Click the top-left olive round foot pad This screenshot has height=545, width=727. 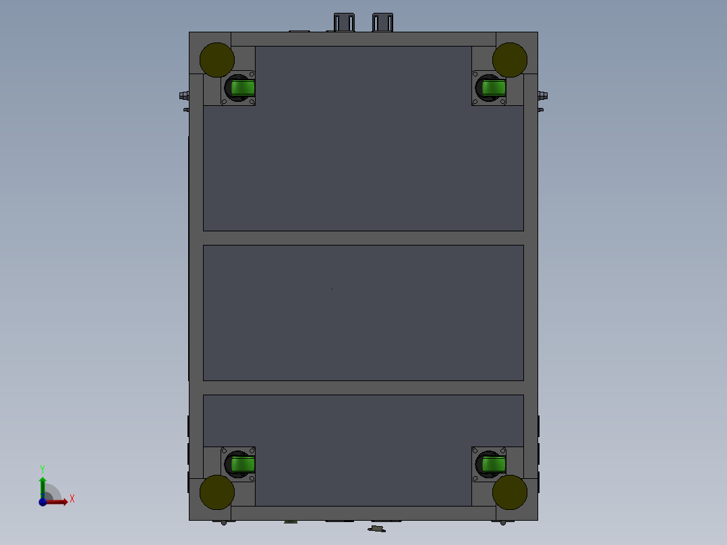217,60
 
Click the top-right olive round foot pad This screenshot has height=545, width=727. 510,60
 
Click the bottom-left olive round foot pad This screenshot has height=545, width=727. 217,492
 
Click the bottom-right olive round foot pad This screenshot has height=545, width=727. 510,492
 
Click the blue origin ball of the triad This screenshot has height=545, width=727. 42,502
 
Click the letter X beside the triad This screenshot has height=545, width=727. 72,499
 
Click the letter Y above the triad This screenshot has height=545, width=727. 42,468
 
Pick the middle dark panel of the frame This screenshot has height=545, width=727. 363,312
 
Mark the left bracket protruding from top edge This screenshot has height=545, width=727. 344,22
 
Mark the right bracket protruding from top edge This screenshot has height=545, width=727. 382,22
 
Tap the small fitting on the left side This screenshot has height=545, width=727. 184,95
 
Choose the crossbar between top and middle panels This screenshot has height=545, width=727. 363,238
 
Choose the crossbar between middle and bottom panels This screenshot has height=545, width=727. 363,388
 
